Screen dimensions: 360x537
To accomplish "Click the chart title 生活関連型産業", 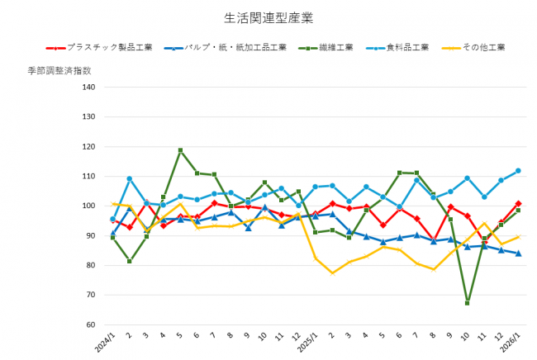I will click(268, 17).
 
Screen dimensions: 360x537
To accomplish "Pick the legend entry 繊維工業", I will click(335, 47).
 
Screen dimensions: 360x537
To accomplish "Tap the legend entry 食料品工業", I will click(408, 47).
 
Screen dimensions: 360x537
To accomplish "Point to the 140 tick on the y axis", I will click(88, 88).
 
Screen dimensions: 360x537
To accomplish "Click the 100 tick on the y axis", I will click(88, 206).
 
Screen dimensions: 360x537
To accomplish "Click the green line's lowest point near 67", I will click(468, 303).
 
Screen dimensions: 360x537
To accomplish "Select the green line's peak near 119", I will click(180, 150).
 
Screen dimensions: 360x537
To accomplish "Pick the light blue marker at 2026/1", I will click(518, 171).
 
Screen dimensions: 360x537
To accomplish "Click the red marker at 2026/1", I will click(518, 203).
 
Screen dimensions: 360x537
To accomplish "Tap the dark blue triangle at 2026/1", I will click(518, 253).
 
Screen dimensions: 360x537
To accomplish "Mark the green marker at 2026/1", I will click(518, 211).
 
